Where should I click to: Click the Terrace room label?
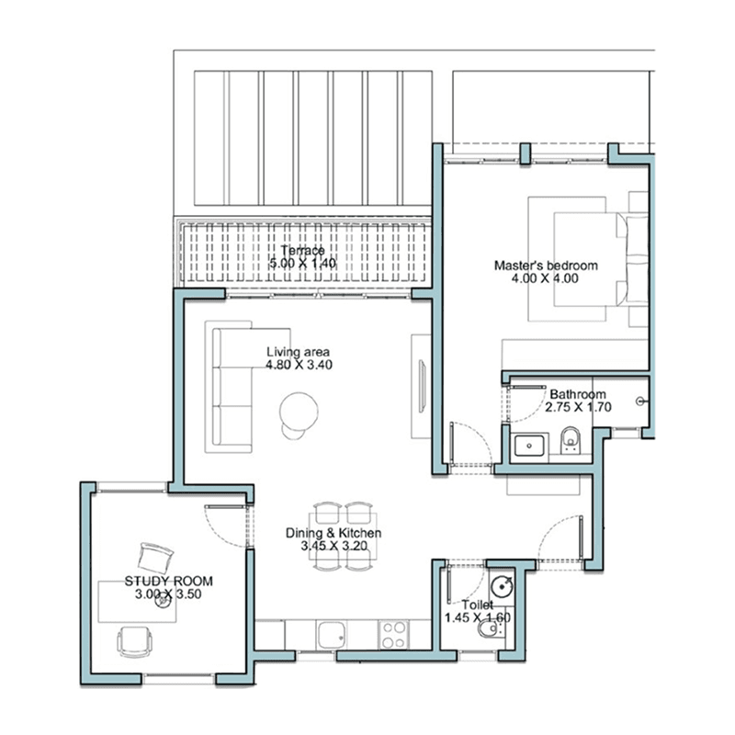tap(303, 250)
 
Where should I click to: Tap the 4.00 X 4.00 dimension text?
tap(545, 278)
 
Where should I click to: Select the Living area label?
tap(298, 352)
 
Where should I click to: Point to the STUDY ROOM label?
tap(169, 582)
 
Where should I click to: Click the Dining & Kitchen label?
tap(334, 533)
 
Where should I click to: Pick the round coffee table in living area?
tap(299, 411)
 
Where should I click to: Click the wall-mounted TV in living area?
tap(423, 385)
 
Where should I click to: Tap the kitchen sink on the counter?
tap(333, 635)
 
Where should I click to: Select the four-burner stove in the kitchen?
tap(394, 634)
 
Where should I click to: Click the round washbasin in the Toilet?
tap(502, 586)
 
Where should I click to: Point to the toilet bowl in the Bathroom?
tap(571, 440)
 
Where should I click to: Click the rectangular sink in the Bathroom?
tap(529, 446)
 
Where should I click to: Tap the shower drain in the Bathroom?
tap(640, 401)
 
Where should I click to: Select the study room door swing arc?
tap(220, 536)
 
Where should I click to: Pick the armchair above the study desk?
tap(155, 558)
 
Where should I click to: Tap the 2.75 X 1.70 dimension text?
tap(579, 407)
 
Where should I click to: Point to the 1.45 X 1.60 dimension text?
tap(477, 617)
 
